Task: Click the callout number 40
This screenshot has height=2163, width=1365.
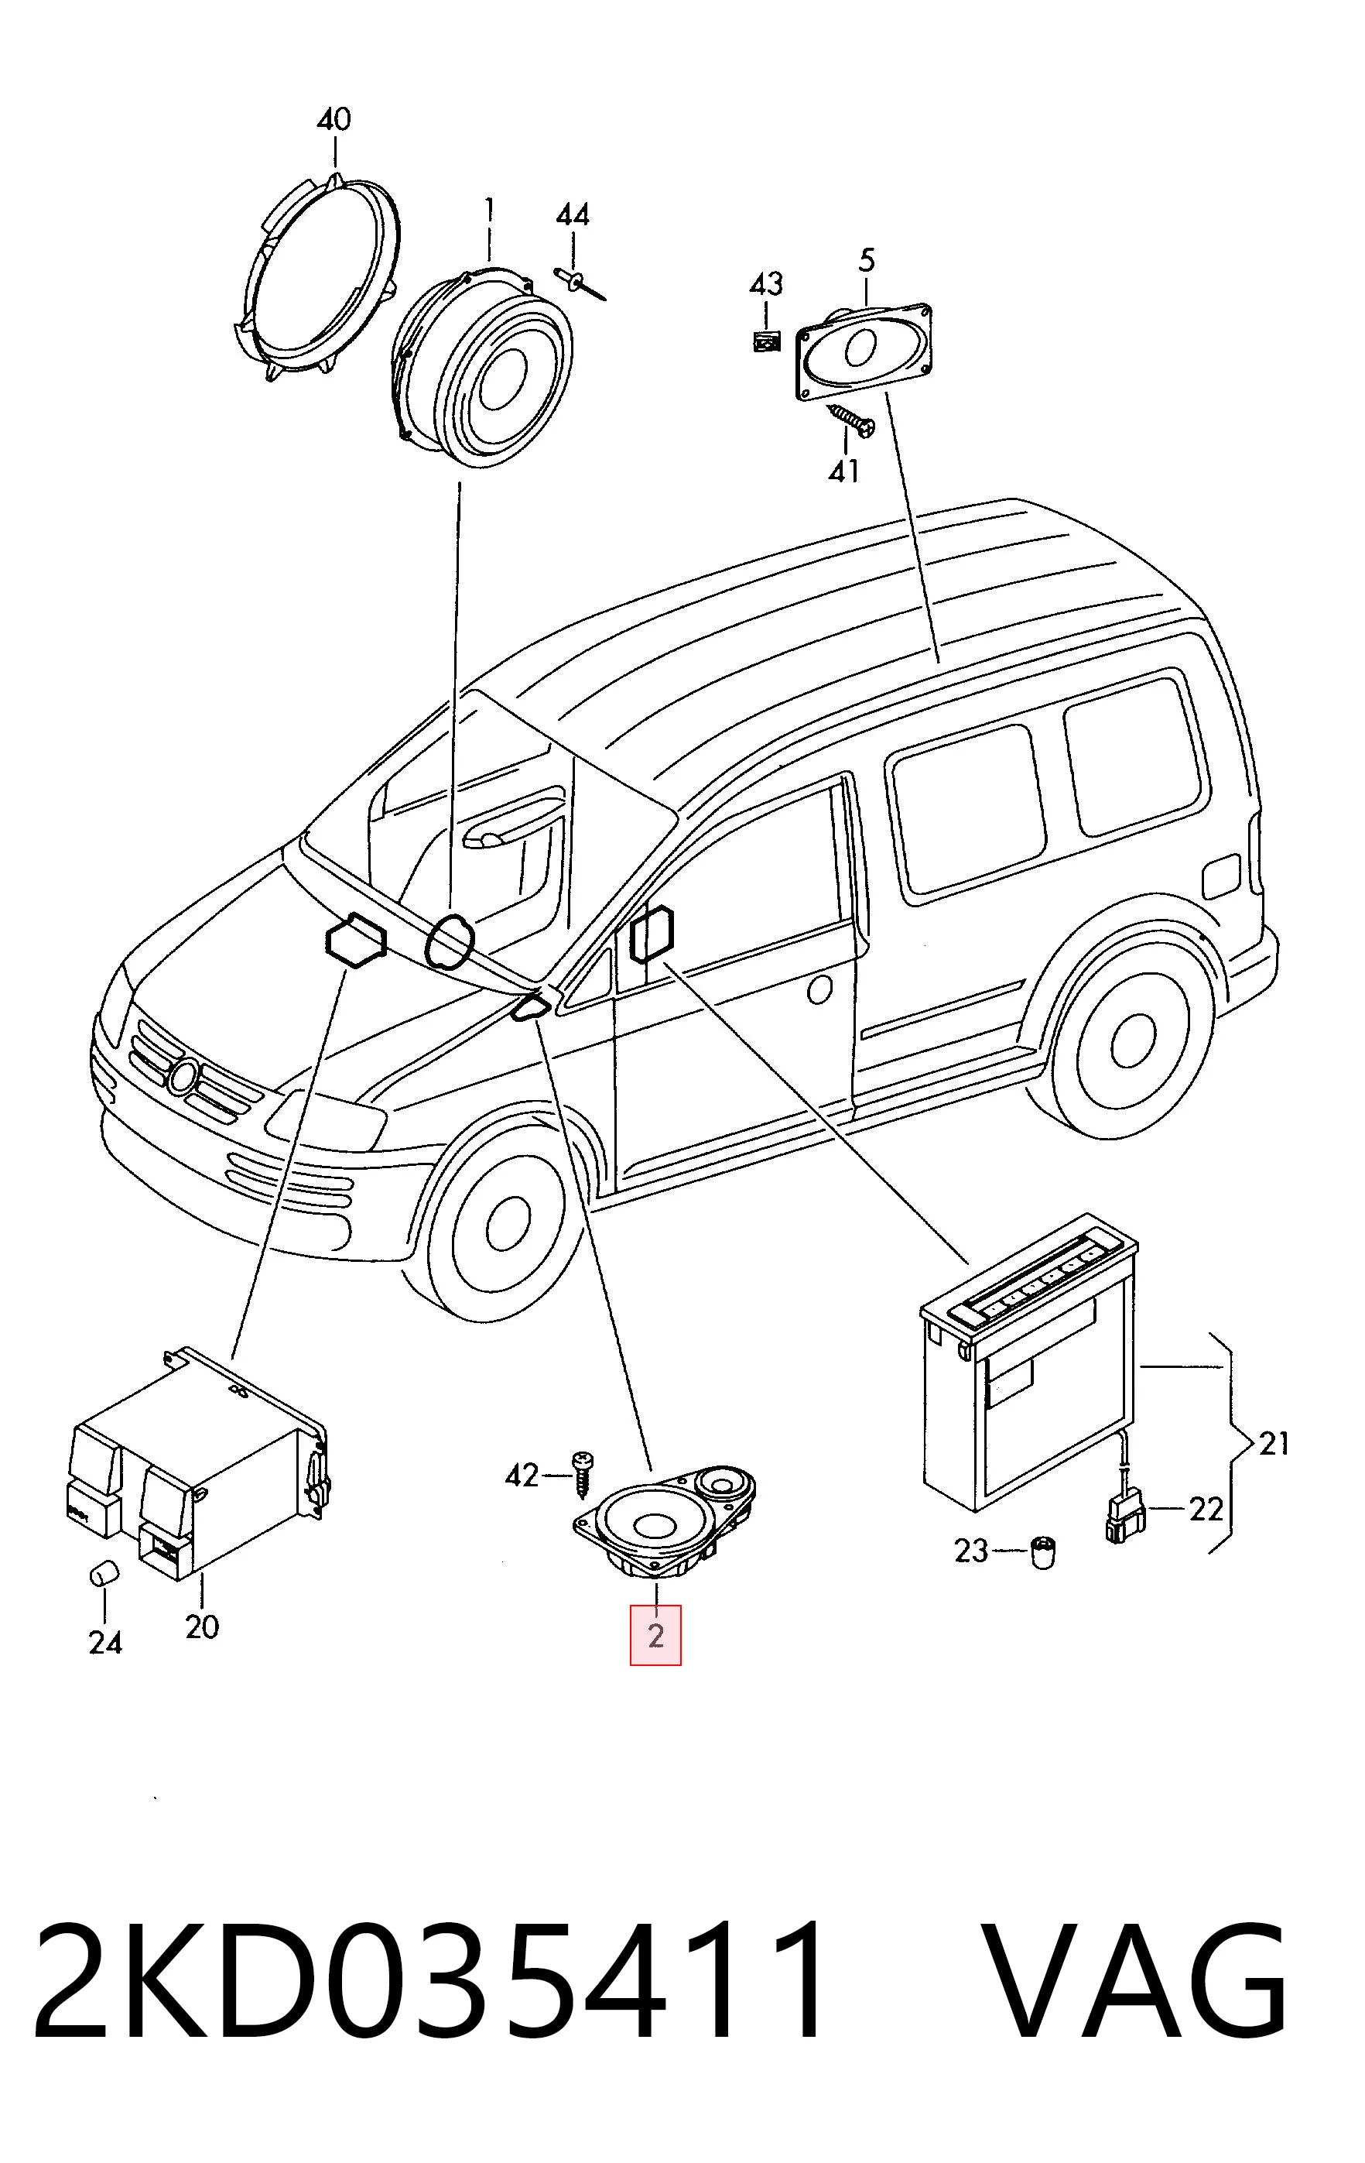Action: pyautogui.click(x=334, y=119)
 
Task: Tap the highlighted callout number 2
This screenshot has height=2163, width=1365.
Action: pyautogui.click(x=655, y=1636)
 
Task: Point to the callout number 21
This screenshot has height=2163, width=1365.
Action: pyautogui.click(x=1274, y=1444)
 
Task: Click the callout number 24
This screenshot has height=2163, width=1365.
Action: pyautogui.click(x=105, y=1642)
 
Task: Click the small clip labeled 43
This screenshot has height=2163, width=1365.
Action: pyautogui.click(x=766, y=341)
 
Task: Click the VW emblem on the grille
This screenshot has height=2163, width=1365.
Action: pyautogui.click(x=185, y=1075)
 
